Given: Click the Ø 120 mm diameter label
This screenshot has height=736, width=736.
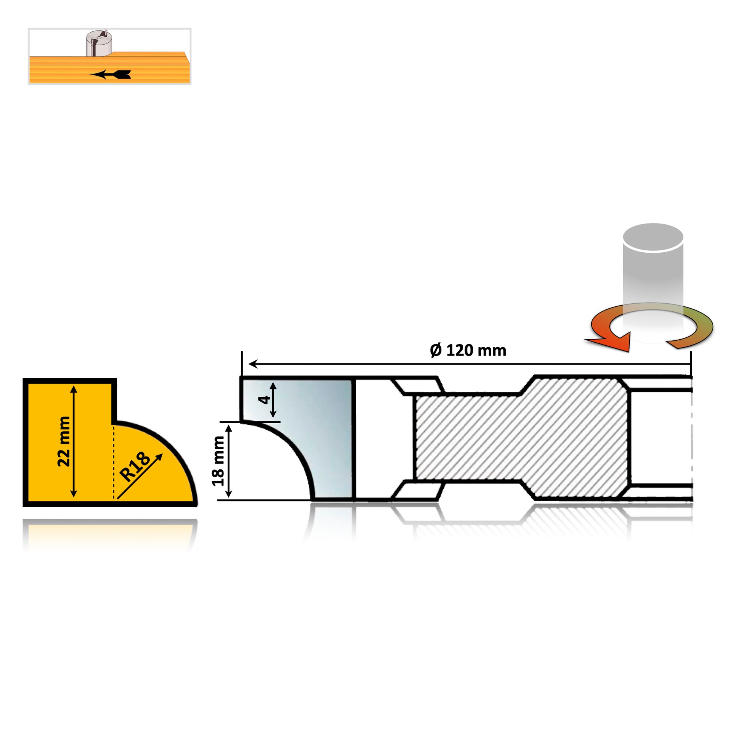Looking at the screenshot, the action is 468,351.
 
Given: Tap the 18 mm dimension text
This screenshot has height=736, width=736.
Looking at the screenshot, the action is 218,461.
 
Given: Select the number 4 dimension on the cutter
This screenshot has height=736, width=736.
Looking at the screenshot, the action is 264,400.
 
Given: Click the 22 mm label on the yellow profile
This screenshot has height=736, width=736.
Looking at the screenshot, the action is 64,441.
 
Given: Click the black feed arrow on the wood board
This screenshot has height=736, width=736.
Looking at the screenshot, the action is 110,74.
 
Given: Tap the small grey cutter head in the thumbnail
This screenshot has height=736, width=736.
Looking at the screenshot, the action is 99,43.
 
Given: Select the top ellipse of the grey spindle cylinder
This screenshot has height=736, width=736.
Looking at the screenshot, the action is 653,237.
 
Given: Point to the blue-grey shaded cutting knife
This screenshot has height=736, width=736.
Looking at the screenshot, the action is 305,438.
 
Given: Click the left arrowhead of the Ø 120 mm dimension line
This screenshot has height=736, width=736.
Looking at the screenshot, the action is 253,364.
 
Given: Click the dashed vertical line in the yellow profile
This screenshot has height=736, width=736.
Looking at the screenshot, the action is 113,462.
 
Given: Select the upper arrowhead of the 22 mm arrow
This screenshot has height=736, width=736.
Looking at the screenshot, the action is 74,389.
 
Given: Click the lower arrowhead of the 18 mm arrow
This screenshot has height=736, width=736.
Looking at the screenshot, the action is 228,493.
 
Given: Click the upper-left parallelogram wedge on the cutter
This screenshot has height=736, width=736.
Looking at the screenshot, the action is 418,385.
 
